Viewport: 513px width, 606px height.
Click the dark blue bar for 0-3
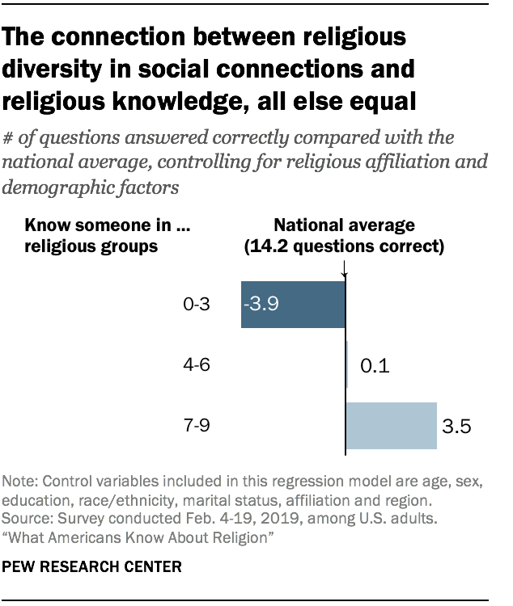[293, 305]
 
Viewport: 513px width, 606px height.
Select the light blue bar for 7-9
[392, 425]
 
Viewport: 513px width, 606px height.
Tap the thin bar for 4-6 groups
[347, 365]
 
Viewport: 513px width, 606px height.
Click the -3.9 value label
[263, 305]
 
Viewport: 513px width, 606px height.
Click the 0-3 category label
[197, 305]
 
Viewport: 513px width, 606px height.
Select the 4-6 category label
[197, 366]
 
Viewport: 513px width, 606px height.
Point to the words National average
[345, 225]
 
